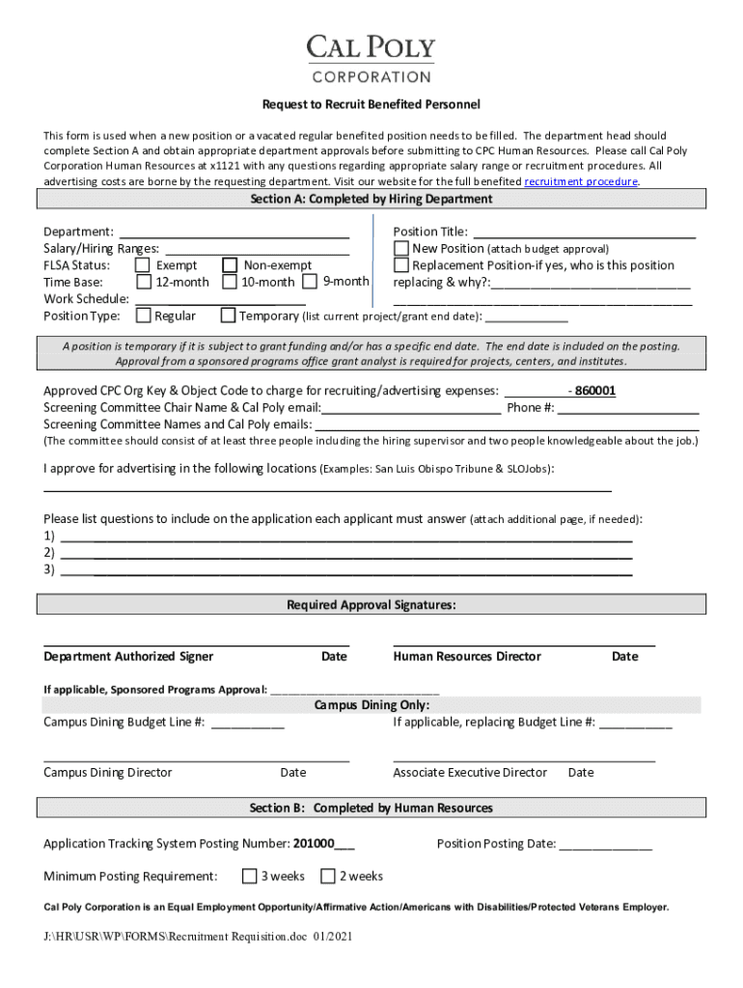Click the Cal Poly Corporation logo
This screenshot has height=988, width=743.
[371, 59]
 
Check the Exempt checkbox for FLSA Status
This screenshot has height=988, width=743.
[143, 265]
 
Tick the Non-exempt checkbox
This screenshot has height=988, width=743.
[231, 265]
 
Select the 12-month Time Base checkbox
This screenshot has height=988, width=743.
[143, 282]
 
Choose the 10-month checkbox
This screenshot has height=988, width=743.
[230, 282]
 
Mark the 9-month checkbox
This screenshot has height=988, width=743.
[310, 282]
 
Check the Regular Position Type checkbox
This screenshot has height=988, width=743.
[143, 316]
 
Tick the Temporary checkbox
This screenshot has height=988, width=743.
[228, 316]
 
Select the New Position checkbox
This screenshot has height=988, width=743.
[401, 248]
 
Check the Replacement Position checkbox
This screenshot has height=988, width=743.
[401, 265]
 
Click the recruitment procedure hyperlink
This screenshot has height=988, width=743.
[580, 181]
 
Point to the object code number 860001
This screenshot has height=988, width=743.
[595, 391]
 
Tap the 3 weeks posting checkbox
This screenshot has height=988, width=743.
[250, 876]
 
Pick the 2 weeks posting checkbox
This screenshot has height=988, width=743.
[328, 876]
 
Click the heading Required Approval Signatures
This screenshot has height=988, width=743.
[371, 605]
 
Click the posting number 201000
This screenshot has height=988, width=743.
[314, 843]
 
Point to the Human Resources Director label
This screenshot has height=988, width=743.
[467, 656]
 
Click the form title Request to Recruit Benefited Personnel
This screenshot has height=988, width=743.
[371, 104]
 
